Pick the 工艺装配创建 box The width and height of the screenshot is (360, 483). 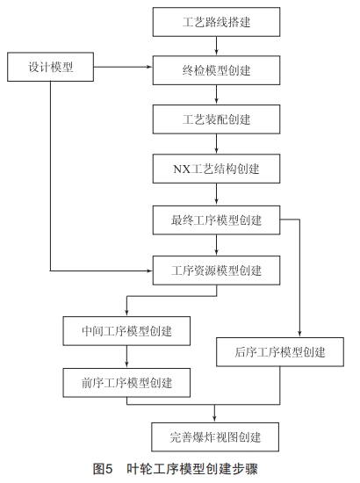click(217, 117)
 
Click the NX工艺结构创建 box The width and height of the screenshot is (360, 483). click(217, 167)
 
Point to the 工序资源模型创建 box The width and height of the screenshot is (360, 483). click(217, 269)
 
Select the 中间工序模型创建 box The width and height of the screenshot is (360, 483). click(128, 331)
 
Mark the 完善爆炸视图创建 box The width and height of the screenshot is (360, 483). click(217, 435)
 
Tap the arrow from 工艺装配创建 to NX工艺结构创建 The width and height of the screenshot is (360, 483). click(217, 142)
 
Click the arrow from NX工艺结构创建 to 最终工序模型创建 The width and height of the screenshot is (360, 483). click(217, 192)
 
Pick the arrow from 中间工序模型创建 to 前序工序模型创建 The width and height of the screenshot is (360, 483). click(128, 357)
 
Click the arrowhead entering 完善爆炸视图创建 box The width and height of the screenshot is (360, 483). click(217, 416)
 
